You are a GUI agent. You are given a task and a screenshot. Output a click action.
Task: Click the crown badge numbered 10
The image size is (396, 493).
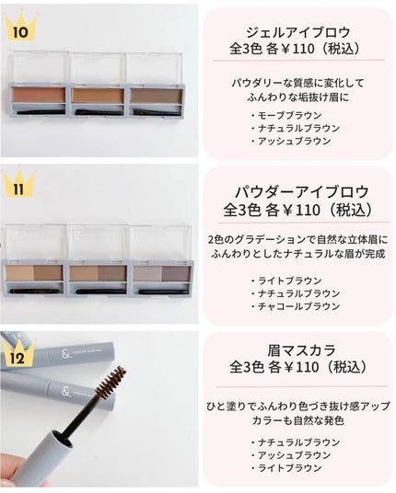[x=19, y=30]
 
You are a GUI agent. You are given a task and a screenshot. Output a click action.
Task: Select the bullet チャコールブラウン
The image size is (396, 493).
[x=294, y=306]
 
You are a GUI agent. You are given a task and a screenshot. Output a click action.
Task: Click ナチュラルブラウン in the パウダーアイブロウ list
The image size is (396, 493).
[x=294, y=293]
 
